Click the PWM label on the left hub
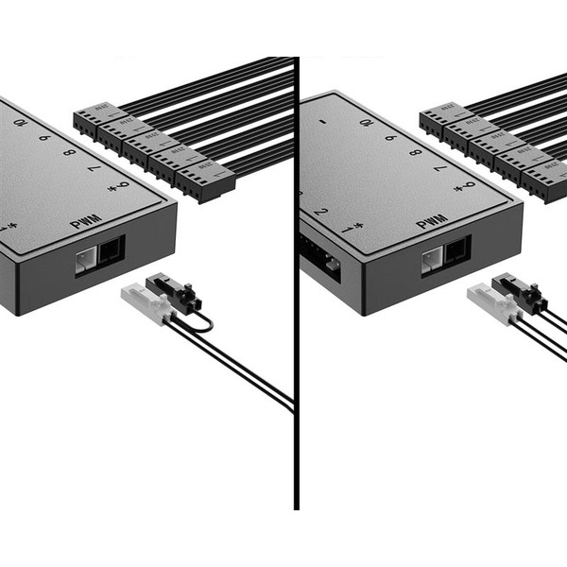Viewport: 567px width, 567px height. [86, 225]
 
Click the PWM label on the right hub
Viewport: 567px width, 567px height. [432, 223]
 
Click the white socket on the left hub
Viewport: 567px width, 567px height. [86, 257]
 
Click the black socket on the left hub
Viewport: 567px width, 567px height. [112, 250]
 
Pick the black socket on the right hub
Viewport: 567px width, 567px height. [457, 249]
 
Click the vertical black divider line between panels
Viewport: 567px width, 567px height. [296, 283]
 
